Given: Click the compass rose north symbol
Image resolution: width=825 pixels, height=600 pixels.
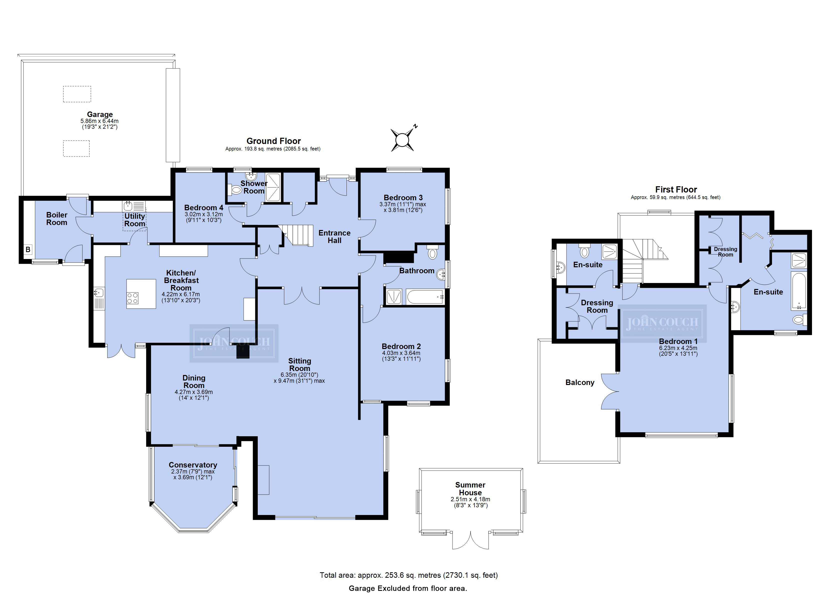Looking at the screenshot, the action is (403, 139).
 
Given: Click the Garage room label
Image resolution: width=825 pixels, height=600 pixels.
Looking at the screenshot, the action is (100, 114).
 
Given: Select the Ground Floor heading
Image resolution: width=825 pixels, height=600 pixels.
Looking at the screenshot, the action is (273, 141).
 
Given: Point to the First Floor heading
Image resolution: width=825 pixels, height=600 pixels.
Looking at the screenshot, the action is (676, 189).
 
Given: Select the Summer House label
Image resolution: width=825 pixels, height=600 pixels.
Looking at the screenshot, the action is (470, 489).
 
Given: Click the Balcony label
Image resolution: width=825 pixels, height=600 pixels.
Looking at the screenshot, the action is (580, 382).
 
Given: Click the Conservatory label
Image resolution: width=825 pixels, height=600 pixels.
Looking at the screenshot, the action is (193, 465).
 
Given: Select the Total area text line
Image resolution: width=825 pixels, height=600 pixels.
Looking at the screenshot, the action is (408, 575).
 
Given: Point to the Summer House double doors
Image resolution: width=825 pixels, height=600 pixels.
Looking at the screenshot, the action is (470, 540).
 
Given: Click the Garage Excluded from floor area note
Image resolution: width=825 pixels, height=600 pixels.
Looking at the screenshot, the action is (408, 588).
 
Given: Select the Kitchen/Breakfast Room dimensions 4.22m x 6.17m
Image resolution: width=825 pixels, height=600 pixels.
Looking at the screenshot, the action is (180, 294).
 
